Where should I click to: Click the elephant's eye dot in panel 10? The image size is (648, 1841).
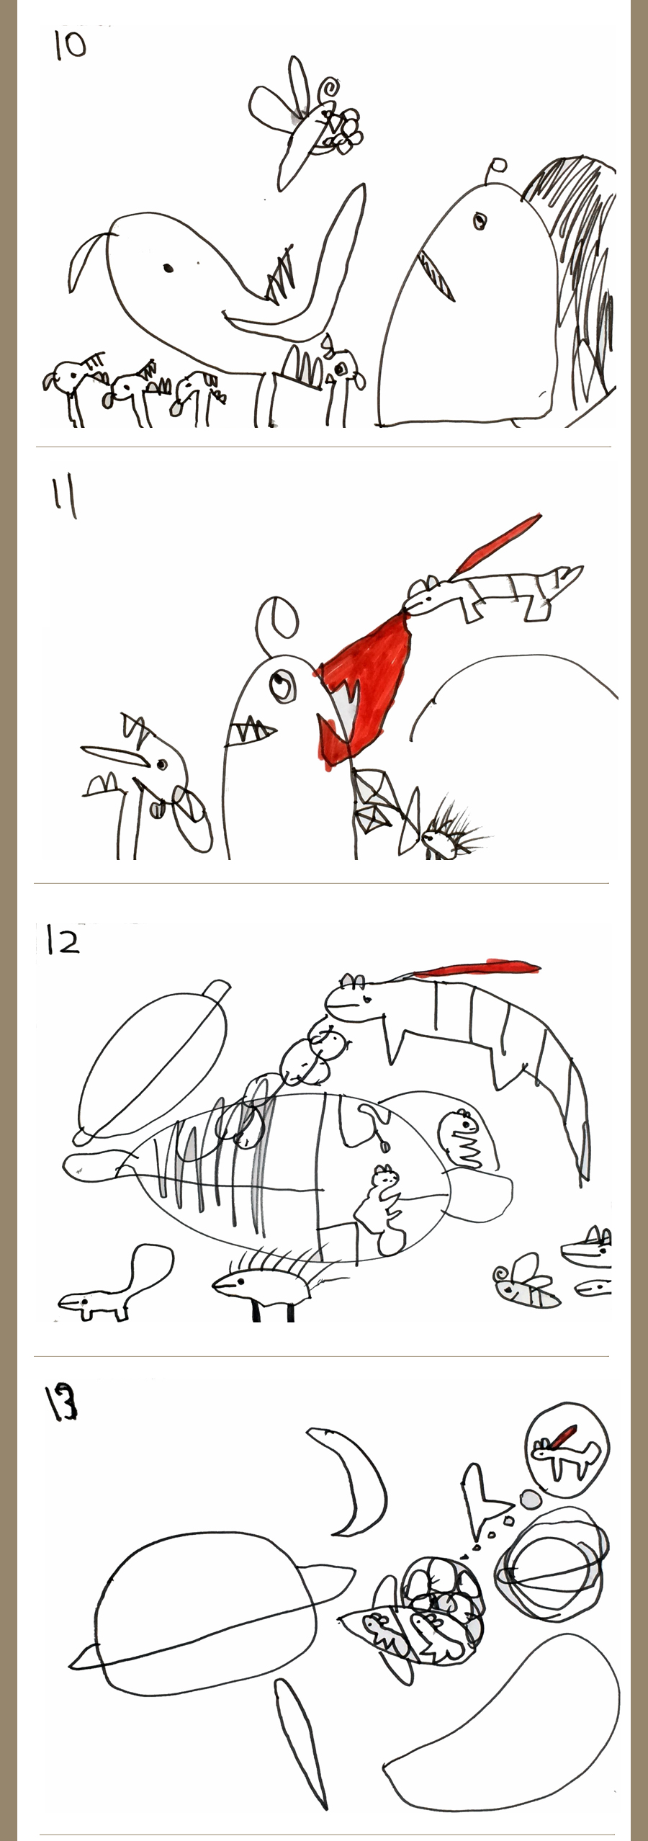[168, 269]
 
